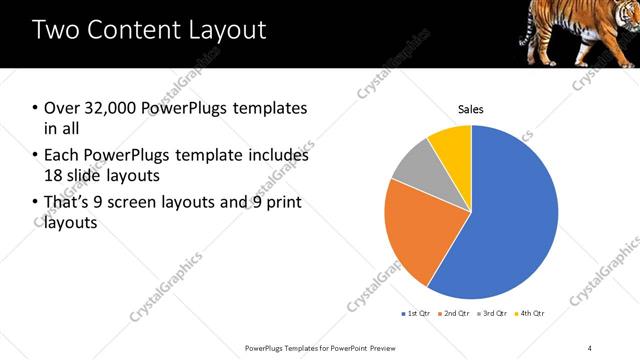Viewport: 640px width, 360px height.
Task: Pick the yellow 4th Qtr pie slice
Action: point(452,145)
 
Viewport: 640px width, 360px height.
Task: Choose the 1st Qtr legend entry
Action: point(416,314)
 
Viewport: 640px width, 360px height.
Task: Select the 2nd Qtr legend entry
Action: point(454,314)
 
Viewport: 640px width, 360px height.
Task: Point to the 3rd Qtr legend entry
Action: point(493,314)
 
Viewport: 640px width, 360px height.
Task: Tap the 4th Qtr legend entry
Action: point(530,314)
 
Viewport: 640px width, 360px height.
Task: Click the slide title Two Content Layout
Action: point(150,30)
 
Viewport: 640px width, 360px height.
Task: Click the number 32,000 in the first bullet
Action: point(107,108)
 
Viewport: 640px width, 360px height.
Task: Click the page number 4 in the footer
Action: point(591,346)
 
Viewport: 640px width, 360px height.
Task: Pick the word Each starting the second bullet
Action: point(62,156)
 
